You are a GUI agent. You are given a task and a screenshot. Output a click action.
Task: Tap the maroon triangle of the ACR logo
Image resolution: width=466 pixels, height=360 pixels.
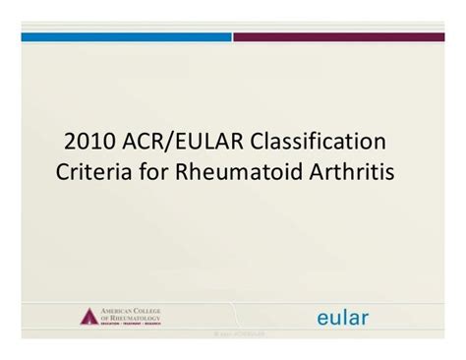click(x=89, y=316)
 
